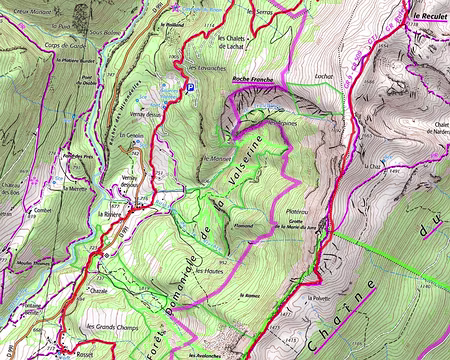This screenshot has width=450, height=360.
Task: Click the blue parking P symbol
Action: tap(190, 88)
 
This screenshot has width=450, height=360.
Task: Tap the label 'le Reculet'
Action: tap(426, 17)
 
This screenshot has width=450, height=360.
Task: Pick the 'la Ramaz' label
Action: tap(250, 297)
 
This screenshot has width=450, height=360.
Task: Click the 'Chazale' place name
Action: tap(98, 291)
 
